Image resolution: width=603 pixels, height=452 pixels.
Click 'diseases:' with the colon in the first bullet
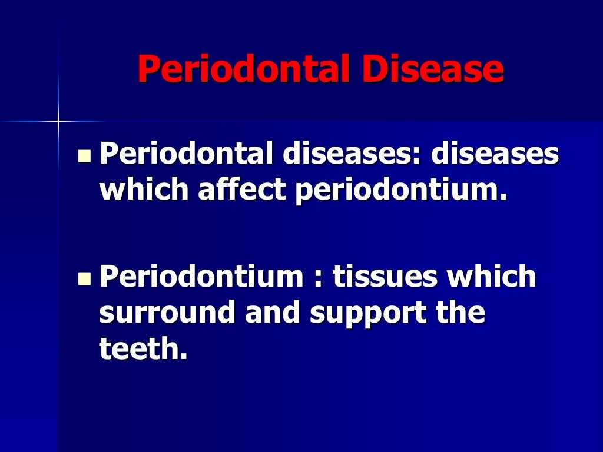click(351, 155)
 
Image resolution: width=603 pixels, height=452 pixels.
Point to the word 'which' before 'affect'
click(140, 191)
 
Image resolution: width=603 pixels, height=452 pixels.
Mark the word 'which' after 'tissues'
click(492, 277)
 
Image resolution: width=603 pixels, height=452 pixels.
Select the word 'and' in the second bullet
click(273, 312)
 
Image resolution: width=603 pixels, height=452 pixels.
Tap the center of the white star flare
click(58, 121)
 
